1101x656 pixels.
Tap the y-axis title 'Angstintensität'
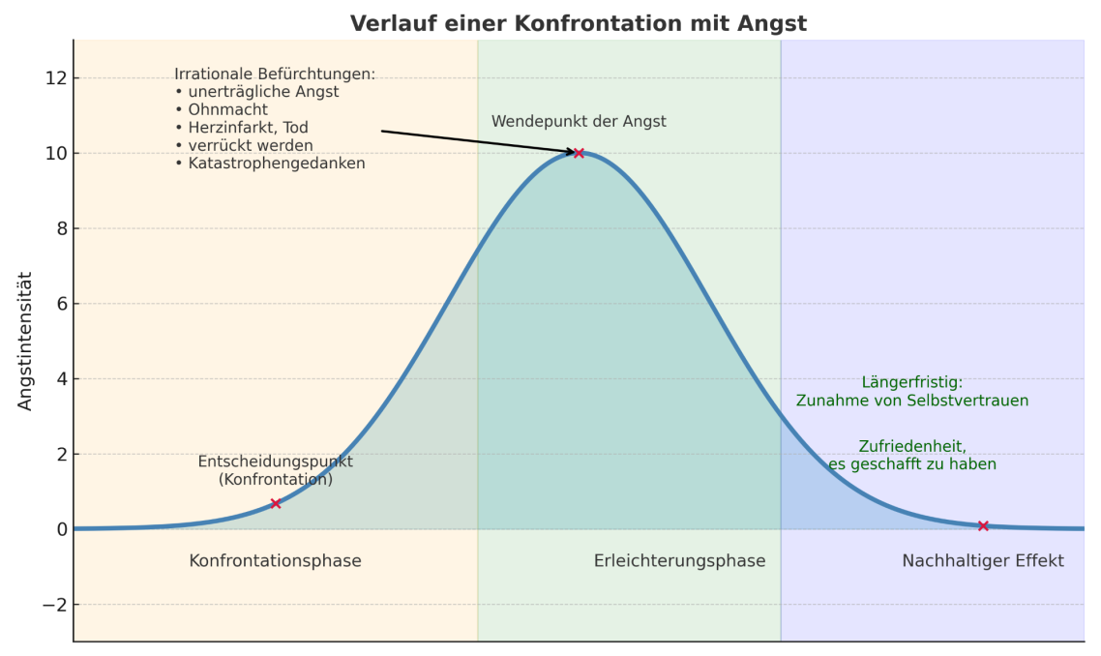coord(25,341)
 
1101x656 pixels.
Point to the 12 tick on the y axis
coord(54,78)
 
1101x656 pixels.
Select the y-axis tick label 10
coord(54,154)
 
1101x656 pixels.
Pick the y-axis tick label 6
coord(59,305)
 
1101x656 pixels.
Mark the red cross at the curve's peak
coord(579,153)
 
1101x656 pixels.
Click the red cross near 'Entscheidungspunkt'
coord(276,503)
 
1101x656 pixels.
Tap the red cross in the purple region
coord(983,525)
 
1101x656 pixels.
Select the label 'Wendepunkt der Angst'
coord(579,122)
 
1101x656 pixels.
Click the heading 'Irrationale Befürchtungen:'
coord(275,75)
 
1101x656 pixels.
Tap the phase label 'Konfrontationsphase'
coord(275,561)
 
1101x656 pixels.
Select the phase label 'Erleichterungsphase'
coord(679,561)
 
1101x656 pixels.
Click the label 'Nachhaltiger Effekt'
coord(983,561)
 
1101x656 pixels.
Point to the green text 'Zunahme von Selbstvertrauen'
coord(912,401)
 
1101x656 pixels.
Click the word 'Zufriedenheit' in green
coord(912,446)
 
